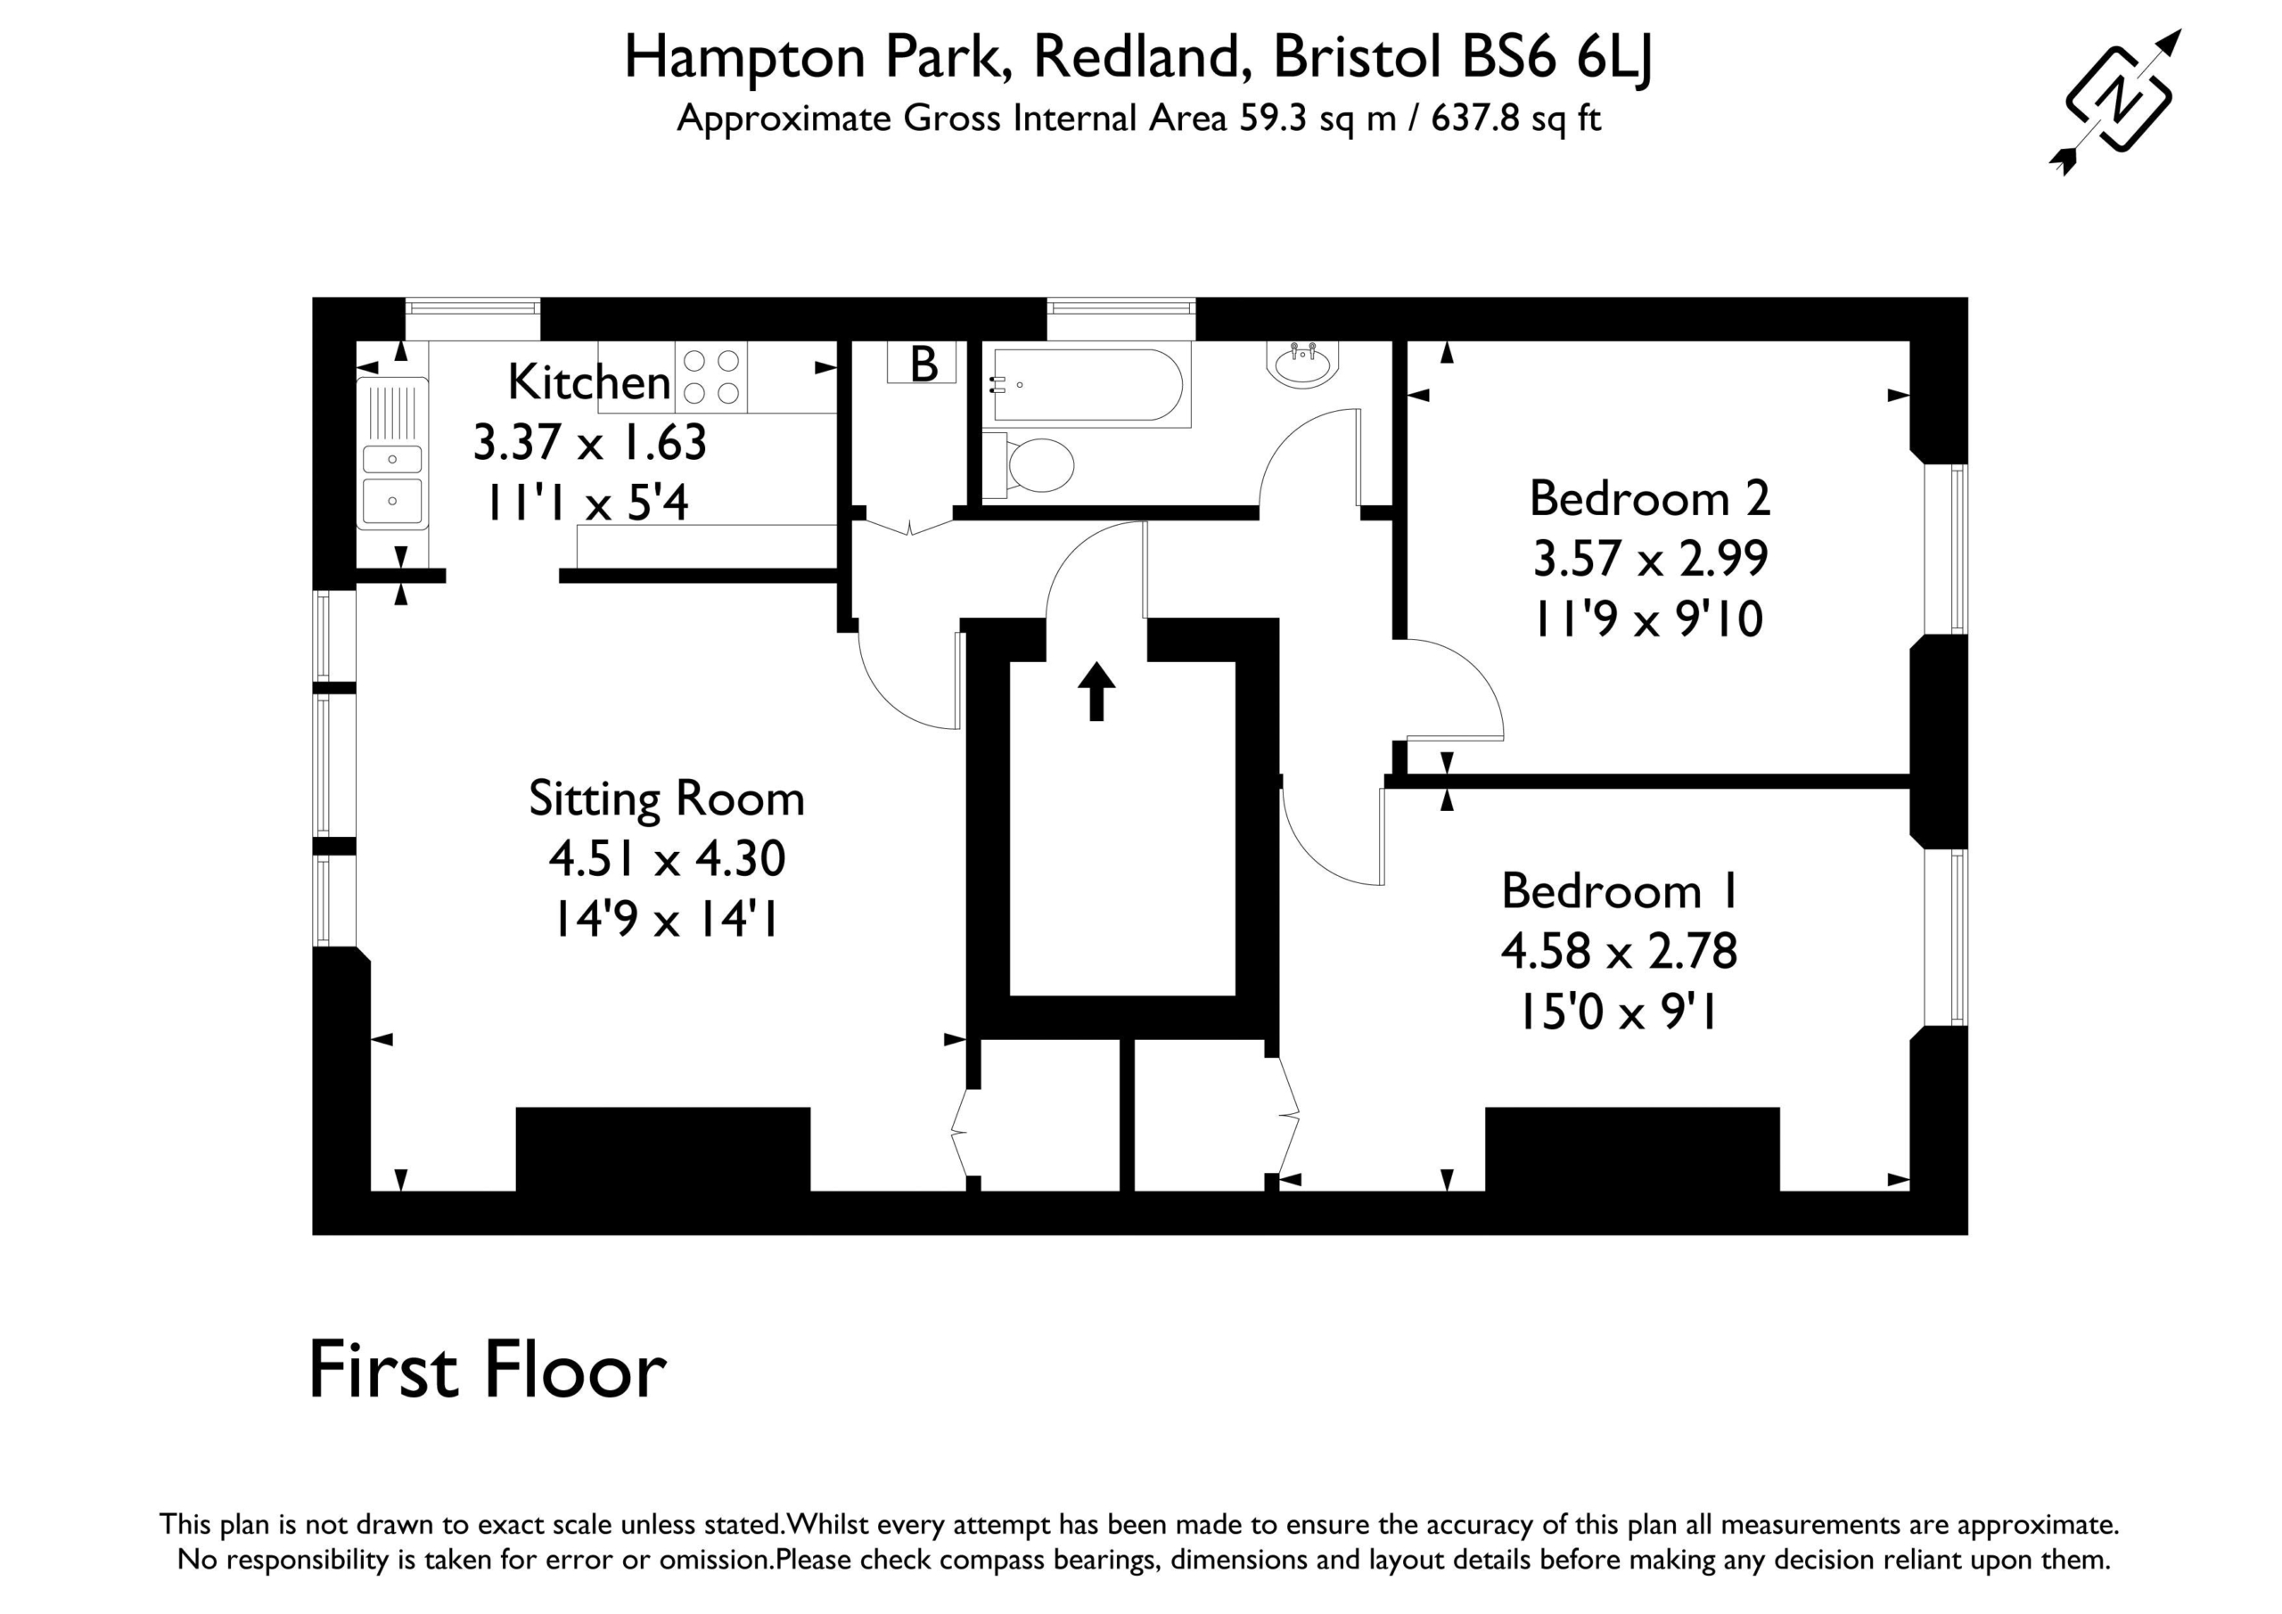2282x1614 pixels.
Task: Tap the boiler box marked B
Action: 922,363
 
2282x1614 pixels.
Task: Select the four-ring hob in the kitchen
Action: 711,377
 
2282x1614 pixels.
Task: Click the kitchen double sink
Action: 391,454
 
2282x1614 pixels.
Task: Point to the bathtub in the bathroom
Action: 1086,385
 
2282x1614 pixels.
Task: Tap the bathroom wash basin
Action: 1303,364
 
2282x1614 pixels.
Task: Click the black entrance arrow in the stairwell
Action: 1096,691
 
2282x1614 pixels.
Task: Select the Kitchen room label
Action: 589,381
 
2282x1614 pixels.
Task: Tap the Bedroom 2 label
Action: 1649,498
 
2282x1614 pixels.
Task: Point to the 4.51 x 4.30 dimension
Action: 667,858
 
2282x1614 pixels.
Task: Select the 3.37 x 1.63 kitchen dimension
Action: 589,442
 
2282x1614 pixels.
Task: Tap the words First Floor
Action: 487,1372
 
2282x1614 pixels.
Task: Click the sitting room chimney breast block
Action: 663,1148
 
